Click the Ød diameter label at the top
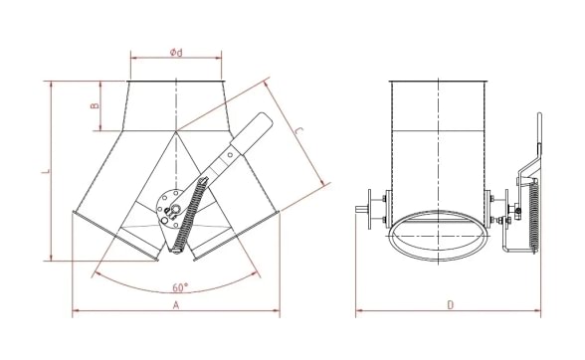pyautogui.click(x=176, y=52)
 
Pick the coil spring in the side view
pyautogui.click(x=530, y=213)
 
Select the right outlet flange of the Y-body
pyautogui.click(x=236, y=239)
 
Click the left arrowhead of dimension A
pyautogui.click(x=76, y=315)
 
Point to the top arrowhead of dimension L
pyautogui.click(x=49, y=83)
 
